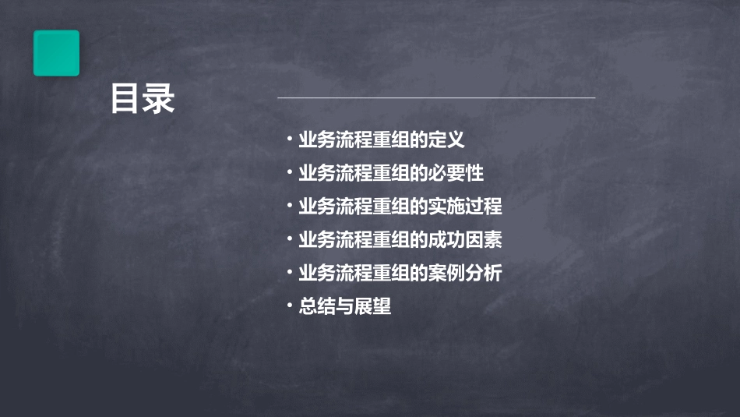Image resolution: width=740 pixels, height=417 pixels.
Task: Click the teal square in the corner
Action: click(56, 53)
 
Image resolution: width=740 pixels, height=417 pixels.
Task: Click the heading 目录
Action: click(143, 99)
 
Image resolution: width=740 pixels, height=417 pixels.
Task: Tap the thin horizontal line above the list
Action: click(436, 98)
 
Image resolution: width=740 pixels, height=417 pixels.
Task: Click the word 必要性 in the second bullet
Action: click(466, 174)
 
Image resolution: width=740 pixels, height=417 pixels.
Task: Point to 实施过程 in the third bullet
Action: click(474, 207)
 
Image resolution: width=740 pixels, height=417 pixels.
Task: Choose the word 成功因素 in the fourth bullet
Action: click(474, 240)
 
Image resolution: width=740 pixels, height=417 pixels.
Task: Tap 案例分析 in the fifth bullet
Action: click(474, 274)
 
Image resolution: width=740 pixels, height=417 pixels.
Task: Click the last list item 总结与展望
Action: click(344, 307)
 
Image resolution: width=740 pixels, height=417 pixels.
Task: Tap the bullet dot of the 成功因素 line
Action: click(290, 239)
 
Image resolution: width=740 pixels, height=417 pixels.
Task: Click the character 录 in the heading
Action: click(160, 99)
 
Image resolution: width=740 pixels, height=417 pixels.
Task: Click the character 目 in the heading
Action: click(125, 99)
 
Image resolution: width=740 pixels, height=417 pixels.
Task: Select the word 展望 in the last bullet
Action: click(372, 307)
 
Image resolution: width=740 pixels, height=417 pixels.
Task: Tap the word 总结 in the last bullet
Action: click(317, 307)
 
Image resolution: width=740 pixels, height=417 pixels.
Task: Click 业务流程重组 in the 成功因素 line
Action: click(354, 240)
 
